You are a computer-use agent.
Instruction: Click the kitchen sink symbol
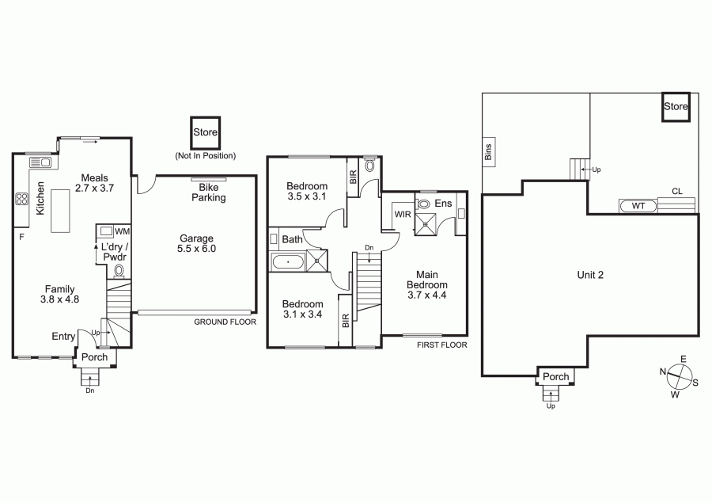[x=40, y=162]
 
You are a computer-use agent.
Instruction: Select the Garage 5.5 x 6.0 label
[x=197, y=243]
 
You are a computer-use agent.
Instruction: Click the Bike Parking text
[x=208, y=192]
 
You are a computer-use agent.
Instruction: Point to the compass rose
[x=680, y=377]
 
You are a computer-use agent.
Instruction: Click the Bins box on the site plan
[x=489, y=152]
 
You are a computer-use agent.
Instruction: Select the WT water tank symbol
[x=638, y=206]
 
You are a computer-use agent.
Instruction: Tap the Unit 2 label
[x=590, y=275]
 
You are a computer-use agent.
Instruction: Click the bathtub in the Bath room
[x=288, y=262]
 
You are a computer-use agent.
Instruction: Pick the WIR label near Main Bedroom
[x=403, y=214]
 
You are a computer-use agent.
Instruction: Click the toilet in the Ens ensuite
[x=422, y=204]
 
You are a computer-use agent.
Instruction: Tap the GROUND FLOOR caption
[x=225, y=322]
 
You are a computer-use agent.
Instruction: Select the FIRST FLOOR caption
[x=441, y=345]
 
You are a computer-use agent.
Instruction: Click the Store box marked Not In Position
[x=205, y=132]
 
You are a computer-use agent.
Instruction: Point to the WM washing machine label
[x=122, y=231]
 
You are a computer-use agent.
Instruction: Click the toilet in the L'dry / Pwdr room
[x=119, y=271]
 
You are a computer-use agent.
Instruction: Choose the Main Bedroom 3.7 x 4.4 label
[x=427, y=284]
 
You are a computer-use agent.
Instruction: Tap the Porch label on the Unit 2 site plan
[x=556, y=376]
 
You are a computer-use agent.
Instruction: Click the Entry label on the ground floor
[x=63, y=336]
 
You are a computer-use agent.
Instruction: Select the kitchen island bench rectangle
[x=60, y=211]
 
